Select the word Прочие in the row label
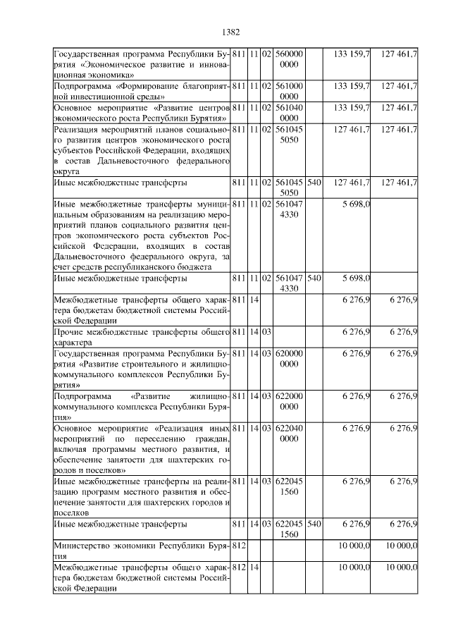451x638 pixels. coord(70,331)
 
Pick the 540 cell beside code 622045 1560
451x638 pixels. coord(314,524)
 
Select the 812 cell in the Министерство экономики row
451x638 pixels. coord(238,546)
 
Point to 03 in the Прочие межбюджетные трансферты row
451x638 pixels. coord(267,331)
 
